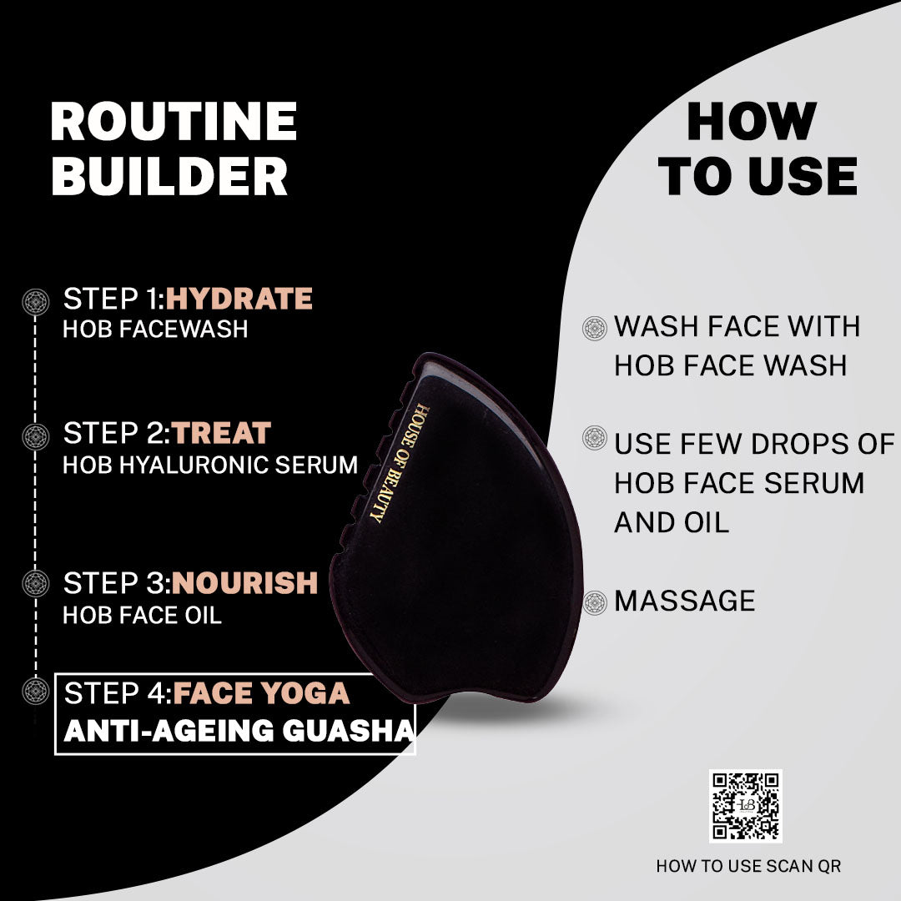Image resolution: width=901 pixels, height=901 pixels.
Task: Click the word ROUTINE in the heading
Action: click(x=174, y=121)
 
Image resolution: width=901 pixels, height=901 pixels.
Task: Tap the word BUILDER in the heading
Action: click(x=169, y=176)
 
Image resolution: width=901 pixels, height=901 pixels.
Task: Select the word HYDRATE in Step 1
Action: click(x=239, y=299)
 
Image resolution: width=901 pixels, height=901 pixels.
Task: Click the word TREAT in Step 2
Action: click(x=220, y=433)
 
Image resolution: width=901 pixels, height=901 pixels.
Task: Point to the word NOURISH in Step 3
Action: click(x=244, y=583)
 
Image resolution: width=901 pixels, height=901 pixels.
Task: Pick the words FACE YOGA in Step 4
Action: click(x=261, y=693)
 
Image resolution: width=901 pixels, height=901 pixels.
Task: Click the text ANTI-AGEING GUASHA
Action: click(x=239, y=730)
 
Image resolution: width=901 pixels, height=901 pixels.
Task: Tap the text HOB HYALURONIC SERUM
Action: click(x=210, y=465)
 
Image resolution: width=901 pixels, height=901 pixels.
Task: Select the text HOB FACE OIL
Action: click(x=142, y=616)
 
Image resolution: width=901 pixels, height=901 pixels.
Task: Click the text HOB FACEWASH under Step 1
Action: click(x=155, y=330)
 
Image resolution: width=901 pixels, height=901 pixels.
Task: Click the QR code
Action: click(x=745, y=806)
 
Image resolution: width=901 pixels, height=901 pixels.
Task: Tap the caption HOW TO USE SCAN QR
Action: click(x=748, y=866)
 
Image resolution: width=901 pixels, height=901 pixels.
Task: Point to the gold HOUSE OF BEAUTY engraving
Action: click(x=399, y=463)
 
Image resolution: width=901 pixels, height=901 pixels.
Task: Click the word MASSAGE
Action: click(x=684, y=601)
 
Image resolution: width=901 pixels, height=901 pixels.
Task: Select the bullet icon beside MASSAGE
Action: click(x=595, y=603)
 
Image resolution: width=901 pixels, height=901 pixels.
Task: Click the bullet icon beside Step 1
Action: click(x=36, y=302)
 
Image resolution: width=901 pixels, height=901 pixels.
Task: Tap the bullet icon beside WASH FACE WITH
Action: click(x=595, y=328)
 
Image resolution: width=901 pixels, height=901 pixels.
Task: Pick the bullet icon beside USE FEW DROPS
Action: click(x=595, y=438)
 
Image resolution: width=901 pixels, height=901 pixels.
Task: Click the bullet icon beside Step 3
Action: click(x=36, y=583)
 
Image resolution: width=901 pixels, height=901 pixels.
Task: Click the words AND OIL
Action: click(x=671, y=523)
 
